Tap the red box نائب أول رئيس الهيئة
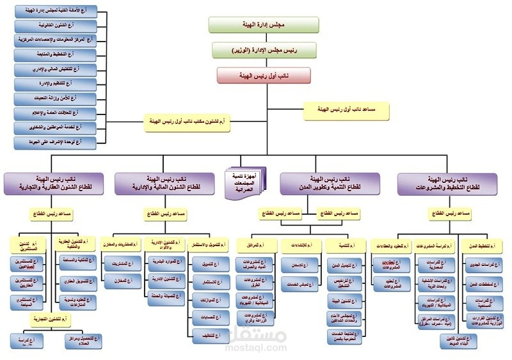pyautogui.click(x=263, y=75)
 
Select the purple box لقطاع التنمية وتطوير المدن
pyautogui.click(x=323, y=184)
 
